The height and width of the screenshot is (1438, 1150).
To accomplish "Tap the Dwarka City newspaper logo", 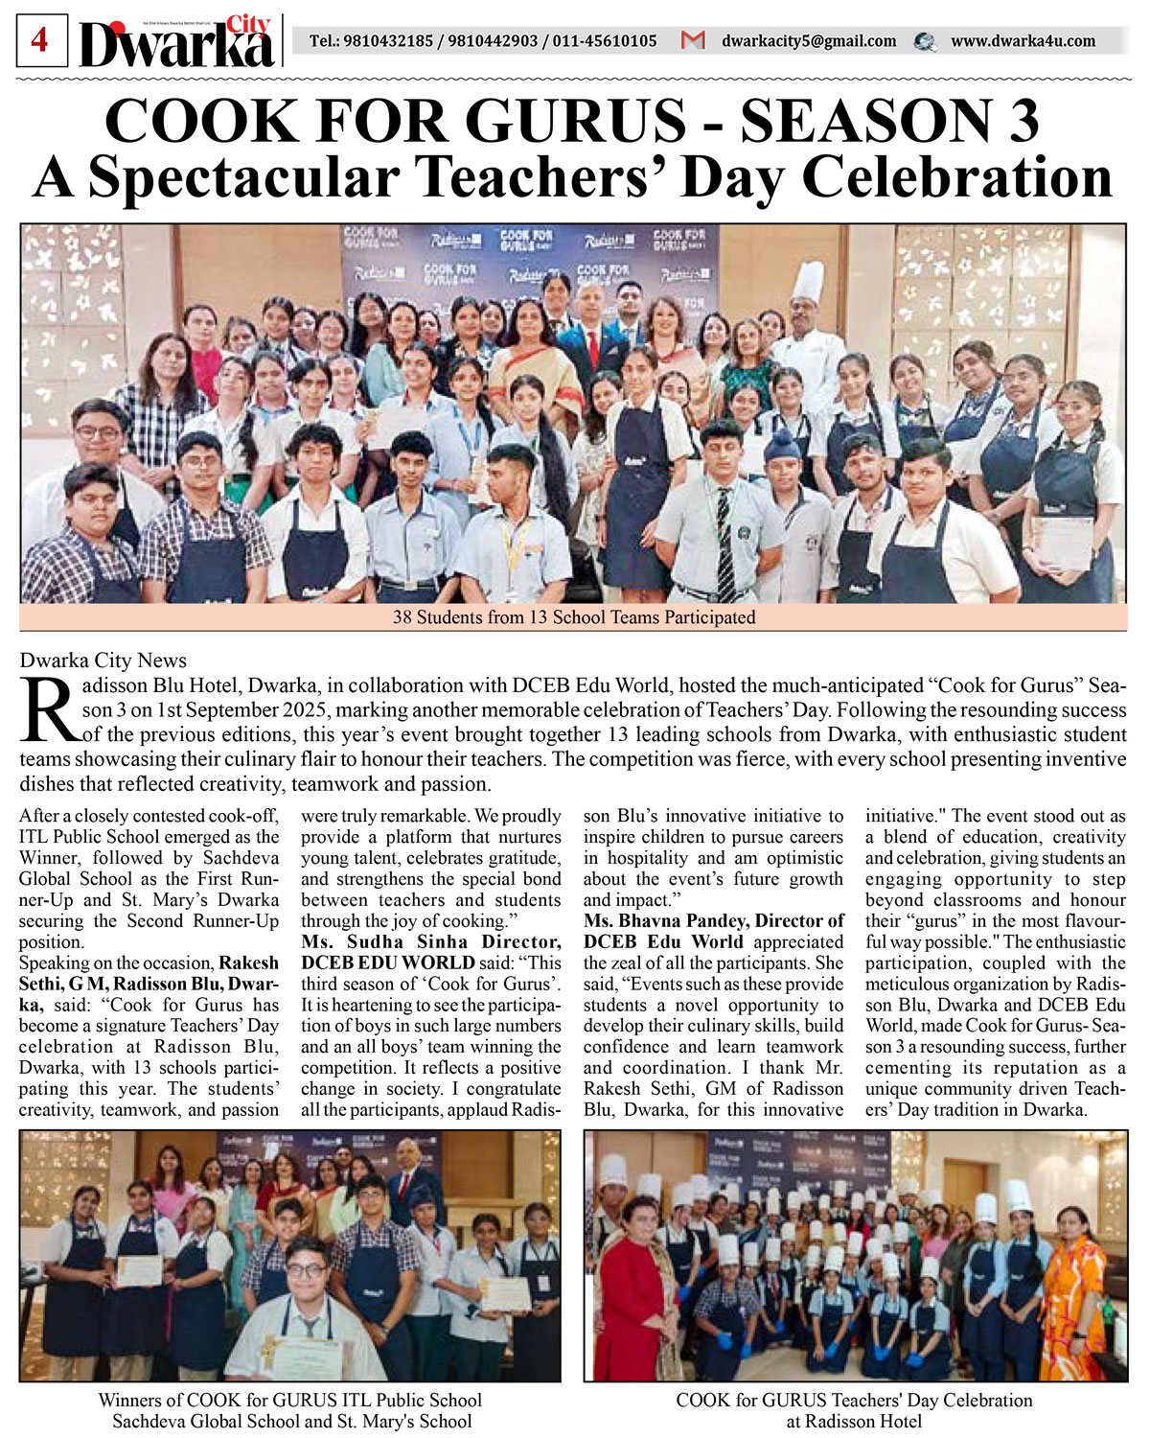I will (178, 44).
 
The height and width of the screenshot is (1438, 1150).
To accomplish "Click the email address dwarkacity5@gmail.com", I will (808, 41).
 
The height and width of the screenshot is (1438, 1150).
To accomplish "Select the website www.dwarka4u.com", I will (1022, 41).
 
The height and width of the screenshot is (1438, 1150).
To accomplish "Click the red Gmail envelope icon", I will (692, 41).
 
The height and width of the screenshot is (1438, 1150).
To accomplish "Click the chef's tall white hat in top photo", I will (808, 281).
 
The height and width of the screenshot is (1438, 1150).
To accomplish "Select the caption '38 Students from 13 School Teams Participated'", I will (574, 617).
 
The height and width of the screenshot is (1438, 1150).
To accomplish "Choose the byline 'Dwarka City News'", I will (103, 660).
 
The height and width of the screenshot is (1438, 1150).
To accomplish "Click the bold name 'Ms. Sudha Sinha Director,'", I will (430, 942).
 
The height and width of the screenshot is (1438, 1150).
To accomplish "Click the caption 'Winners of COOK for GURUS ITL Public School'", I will (289, 1401).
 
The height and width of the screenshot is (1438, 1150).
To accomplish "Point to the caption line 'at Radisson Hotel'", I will (854, 1422).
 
